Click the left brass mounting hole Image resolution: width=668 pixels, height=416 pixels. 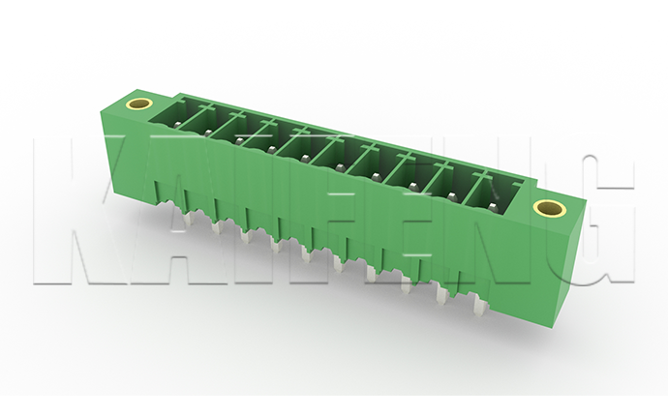tap(138, 104)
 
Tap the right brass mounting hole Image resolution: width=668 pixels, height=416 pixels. tap(550, 208)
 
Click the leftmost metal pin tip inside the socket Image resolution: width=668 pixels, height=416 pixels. tap(178, 125)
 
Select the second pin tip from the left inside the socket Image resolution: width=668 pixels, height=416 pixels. tap(207, 133)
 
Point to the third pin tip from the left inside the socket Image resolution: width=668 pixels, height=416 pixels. tap(238, 140)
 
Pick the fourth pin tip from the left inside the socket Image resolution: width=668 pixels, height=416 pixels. tap(271, 149)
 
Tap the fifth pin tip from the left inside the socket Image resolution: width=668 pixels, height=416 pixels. tap(305, 158)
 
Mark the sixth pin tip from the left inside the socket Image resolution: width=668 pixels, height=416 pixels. tap(340, 167)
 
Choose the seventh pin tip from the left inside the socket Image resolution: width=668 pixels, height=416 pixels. tap(376, 176)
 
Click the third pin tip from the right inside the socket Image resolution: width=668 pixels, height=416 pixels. tap(412, 186)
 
